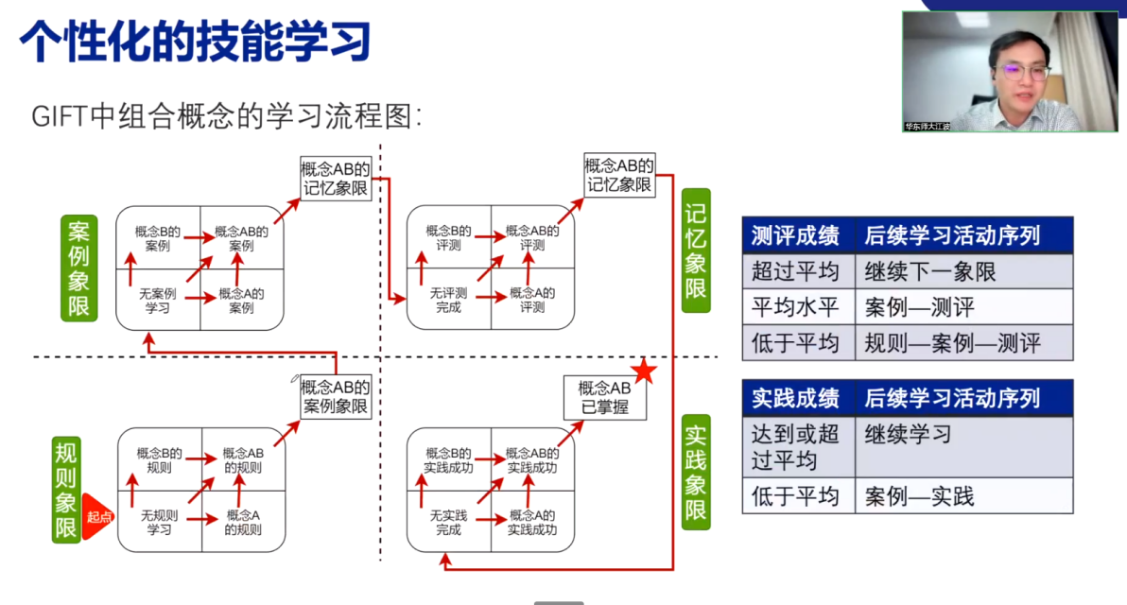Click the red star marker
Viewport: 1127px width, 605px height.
pos(644,372)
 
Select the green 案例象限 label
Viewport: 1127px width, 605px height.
pos(78,268)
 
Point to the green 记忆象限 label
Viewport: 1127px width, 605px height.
pos(696,250)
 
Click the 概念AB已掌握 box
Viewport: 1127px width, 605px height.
pos(604,397)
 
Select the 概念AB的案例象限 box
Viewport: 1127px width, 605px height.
pos(335,397)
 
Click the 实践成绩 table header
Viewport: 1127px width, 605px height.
pos(796,398)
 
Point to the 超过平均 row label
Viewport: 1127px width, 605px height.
pos(796,272)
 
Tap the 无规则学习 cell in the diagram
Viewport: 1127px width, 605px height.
pos(159,522)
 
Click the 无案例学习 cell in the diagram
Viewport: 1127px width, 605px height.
pos(158,301)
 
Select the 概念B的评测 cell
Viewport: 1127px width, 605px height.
pos(448,237)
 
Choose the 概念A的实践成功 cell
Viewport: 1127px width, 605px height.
pos(532,522)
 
